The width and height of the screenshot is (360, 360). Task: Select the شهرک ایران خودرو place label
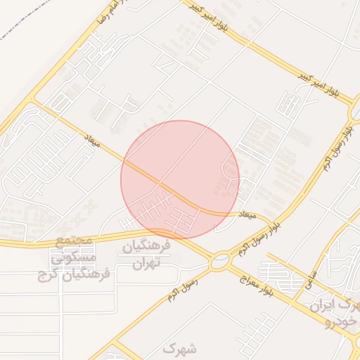[336, 314]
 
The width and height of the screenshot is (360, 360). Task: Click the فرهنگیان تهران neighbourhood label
[147, 255]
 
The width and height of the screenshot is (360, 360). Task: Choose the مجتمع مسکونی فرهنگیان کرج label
[73, 257]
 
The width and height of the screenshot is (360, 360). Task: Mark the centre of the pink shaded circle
[180, 179]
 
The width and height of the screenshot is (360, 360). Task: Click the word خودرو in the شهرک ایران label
[337, 322]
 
